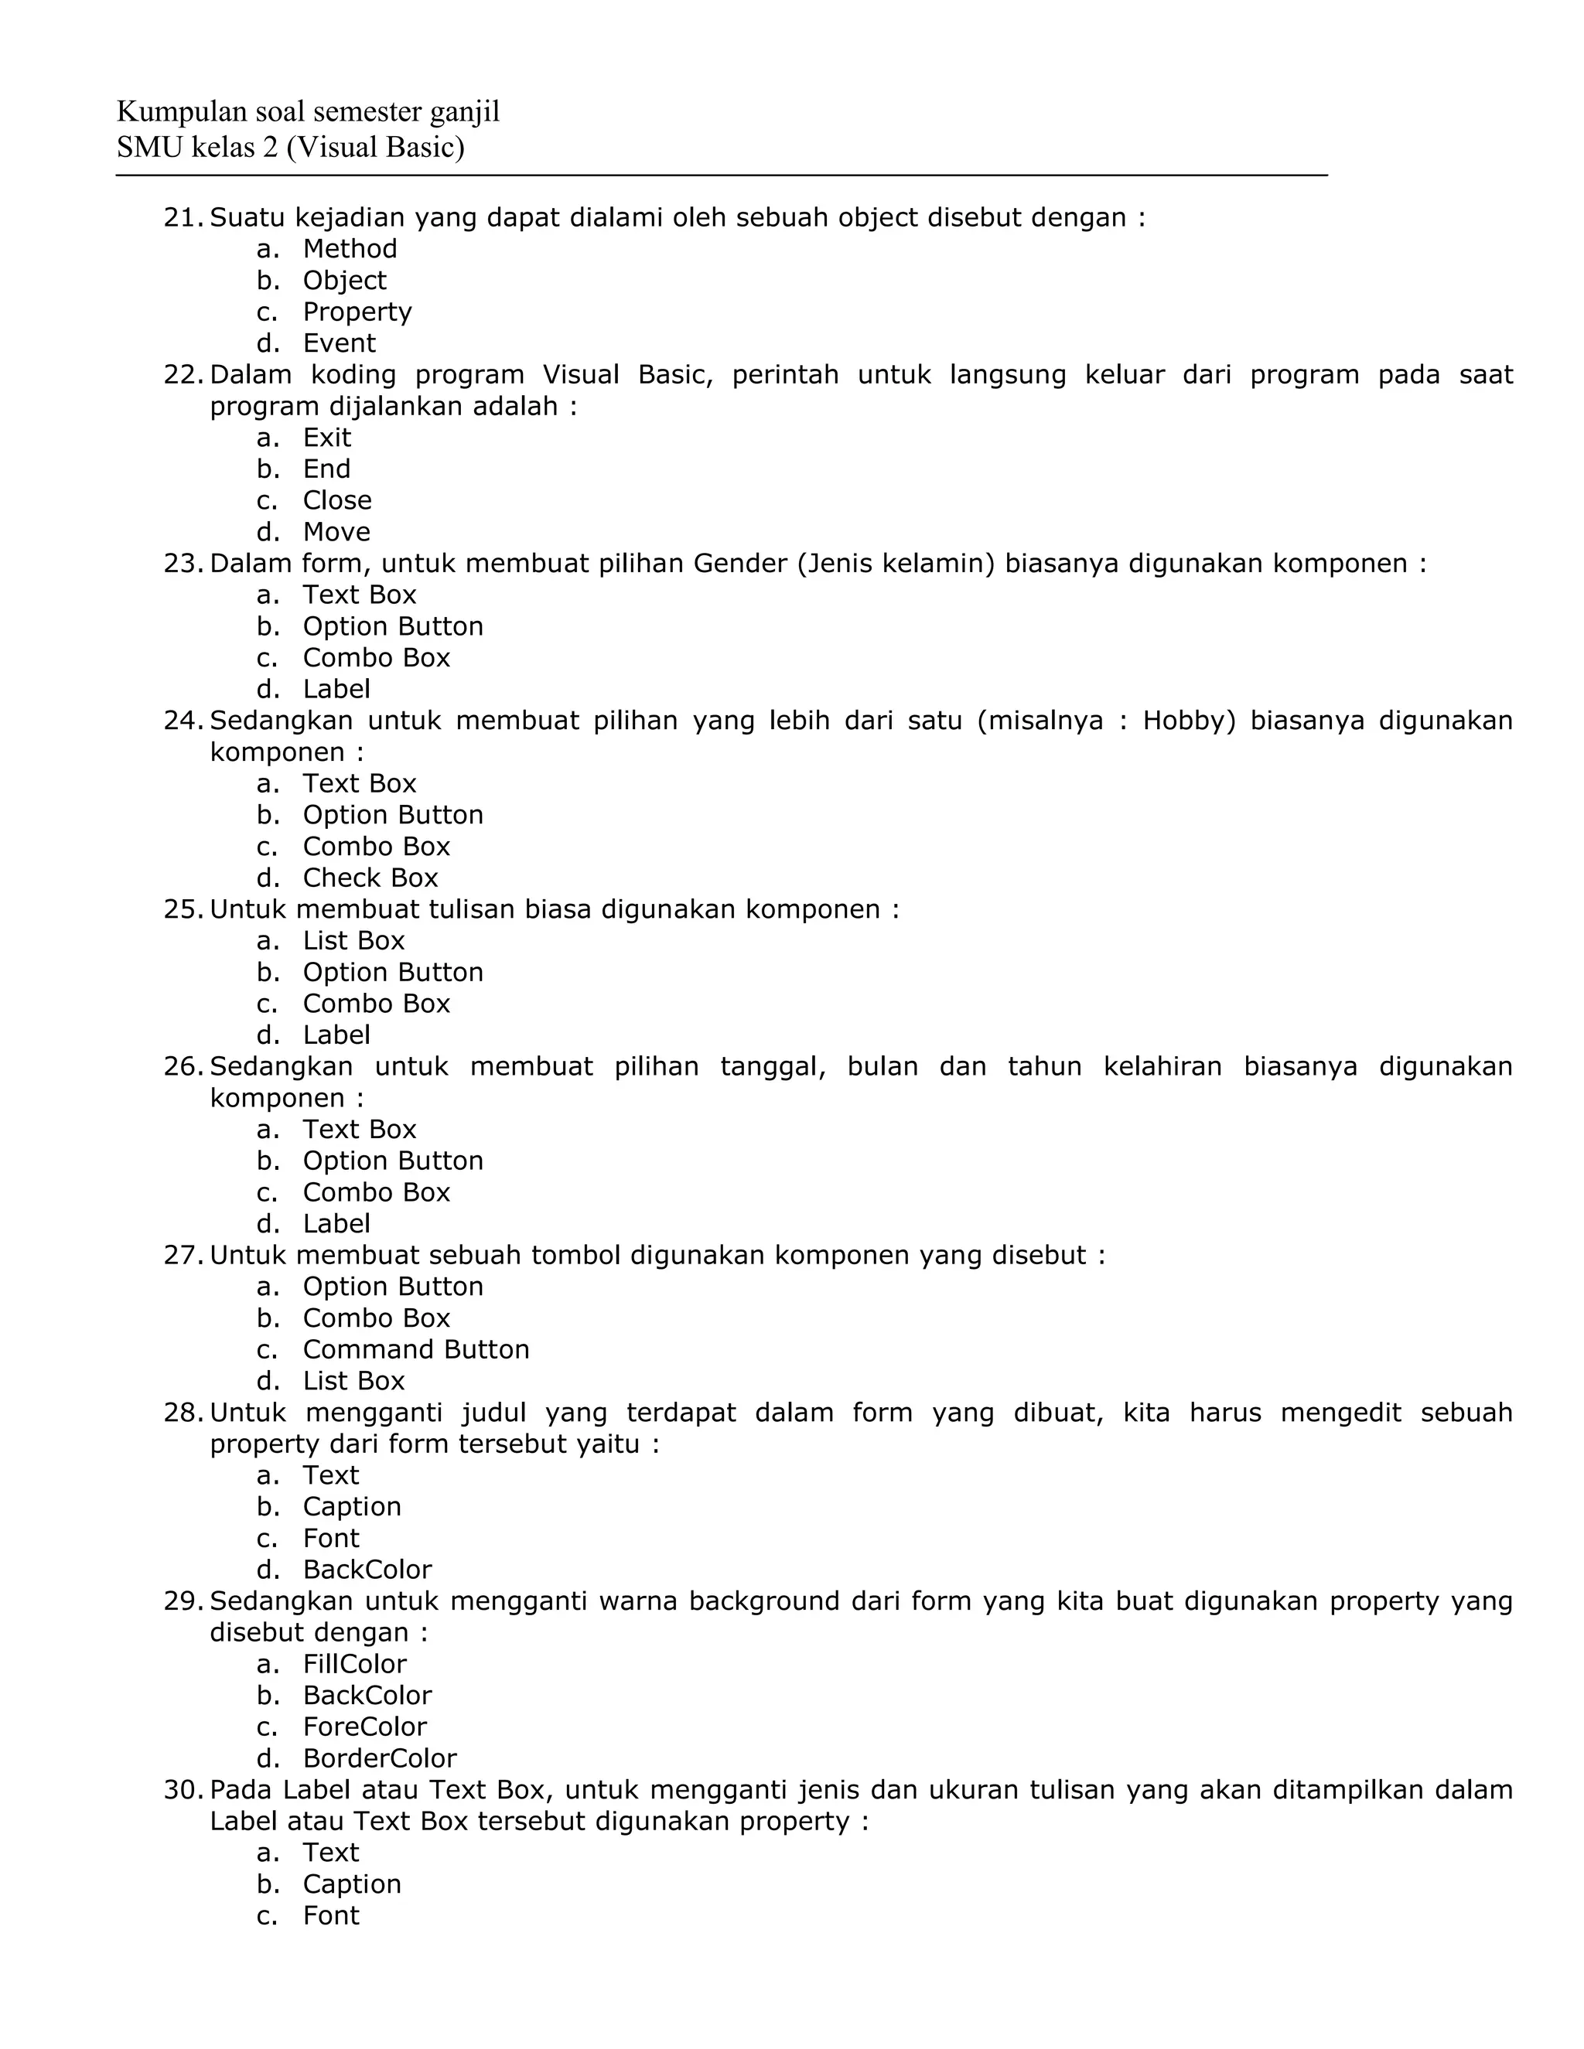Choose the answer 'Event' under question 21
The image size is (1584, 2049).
click(x=339, y=343)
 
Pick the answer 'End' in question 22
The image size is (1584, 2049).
click(x=326, y=469)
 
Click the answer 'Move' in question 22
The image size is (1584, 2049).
click(x=336, y=532)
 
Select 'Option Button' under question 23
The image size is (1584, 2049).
click(x=392, y=627)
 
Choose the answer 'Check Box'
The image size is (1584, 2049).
click(x=370, y=878)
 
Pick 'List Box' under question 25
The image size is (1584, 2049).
click(x=353, y=941)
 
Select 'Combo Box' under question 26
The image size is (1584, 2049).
click(x=375, y=1192)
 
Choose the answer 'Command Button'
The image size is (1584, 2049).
click(x=415, y=1350)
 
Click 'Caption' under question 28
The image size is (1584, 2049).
click(x=351, y=1507)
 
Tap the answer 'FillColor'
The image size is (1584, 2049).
click(x=353, y=1665)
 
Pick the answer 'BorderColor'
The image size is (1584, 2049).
click(x=379, y=1758)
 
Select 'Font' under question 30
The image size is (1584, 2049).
click(x=330, y=1916)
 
